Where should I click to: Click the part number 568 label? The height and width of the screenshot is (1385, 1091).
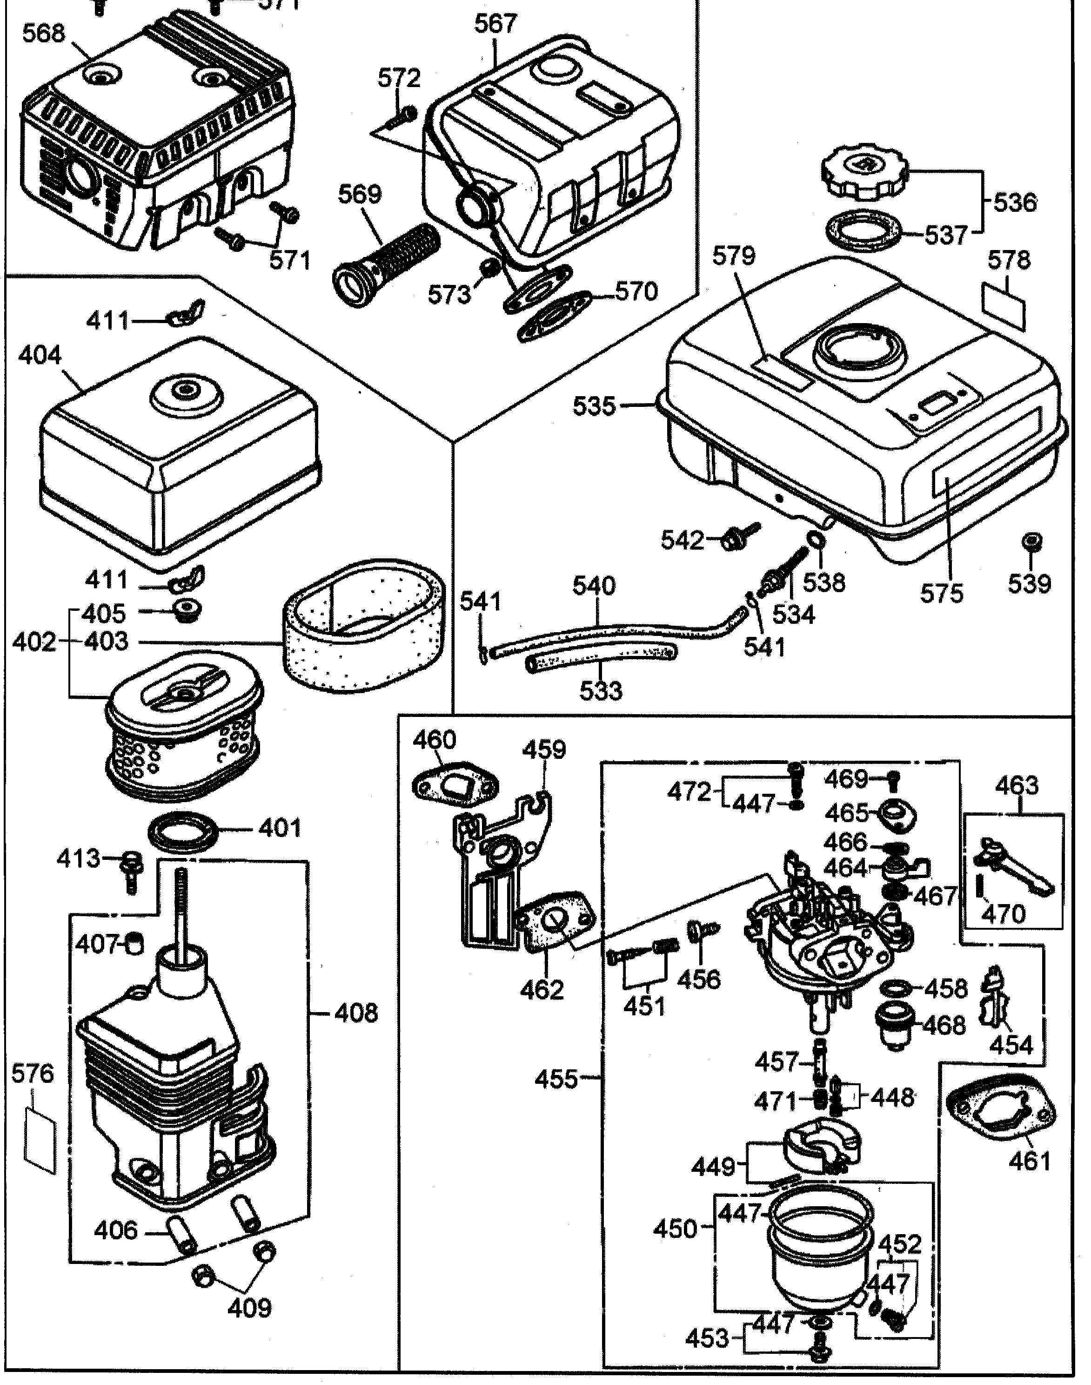(x=43, y=33)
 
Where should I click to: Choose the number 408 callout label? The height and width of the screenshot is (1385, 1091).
(x=355, y=1013)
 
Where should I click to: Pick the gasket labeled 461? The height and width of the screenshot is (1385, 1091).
(x=1000, y=1113)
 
